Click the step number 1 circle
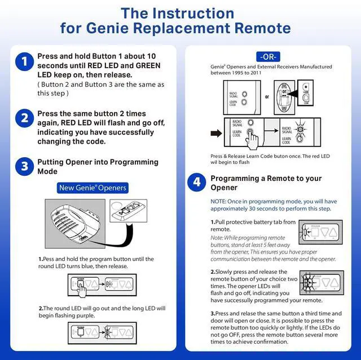point(24,62)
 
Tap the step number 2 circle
point(24,118)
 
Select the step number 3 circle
point(24,166)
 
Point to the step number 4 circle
point(196,182)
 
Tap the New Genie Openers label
point(93,188)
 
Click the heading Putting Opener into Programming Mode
point(98,166)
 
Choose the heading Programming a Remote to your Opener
point(266,183)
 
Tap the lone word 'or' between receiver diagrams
point(267,96)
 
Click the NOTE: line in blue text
point(274,205)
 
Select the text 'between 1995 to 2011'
point(237,73)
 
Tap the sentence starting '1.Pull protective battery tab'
point(253,225)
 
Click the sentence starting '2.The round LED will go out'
point(102,312)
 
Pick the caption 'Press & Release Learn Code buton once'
point(270,156)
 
